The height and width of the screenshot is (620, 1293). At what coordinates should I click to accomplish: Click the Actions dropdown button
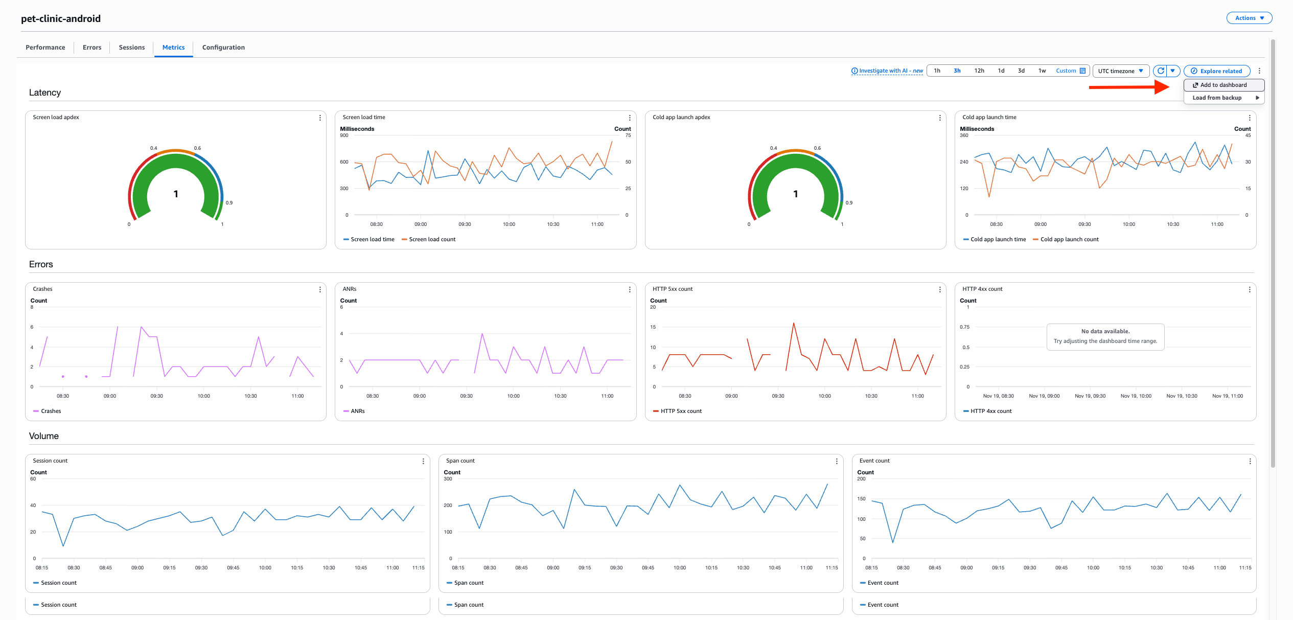pyautogui.click(x=1249, y=18)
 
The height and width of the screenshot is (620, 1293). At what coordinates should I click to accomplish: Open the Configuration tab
pyautogui.click(x=223, y=48)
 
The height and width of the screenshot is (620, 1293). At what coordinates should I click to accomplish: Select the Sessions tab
pyautogui.click(x=131, y=48)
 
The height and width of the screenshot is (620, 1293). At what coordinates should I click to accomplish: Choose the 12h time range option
pyautogui.click(x=979, y=71)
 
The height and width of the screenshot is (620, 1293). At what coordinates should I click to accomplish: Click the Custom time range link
pyautogui.click(x=1066, y=71)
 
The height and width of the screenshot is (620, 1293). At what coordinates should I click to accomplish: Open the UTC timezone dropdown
pyautogui.click(x=1120, y=71)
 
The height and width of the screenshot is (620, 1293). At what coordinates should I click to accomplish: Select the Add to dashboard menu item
pyautogui.click(x=1223, y=85)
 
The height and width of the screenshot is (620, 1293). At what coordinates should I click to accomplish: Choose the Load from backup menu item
pyautogui.click(x=1217, y=98)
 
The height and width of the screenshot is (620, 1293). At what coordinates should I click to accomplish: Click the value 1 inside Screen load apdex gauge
pyautogui.click(x=176, y=194)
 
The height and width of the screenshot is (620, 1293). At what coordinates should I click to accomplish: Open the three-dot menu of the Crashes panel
pyautogui.click(x=320, y=289)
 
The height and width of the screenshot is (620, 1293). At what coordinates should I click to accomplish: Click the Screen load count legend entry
pyautogui.click(x=432, y=239)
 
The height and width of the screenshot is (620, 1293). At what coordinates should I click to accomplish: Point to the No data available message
pyautogui.click(x=1105, y=336)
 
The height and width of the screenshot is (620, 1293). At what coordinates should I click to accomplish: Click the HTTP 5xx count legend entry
pyautogui.click(x=681, y=411)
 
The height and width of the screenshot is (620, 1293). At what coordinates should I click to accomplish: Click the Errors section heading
pyautogui.click(x=41, y=264)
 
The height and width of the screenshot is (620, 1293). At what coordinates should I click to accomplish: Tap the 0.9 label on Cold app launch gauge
pyautogui.click(x=849, y=203)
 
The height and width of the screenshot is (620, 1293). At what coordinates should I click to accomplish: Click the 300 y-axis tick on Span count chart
pyautogui.click(x=448, y=479)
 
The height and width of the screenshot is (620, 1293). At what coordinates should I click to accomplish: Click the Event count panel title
pyautogui.click(x=874, y=461)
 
